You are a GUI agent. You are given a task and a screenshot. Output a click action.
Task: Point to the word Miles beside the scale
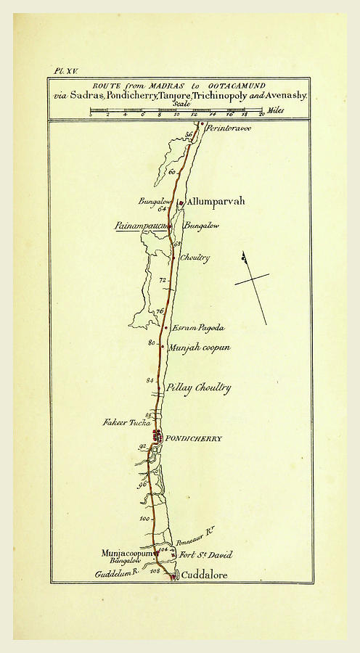pyautogui.click(x=275, y=110)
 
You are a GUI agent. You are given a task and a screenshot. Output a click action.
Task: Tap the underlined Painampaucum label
pyautogui.click(x=142, y=226)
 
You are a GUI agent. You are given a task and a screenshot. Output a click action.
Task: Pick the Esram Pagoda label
pyautogui.click(x=197, y=328)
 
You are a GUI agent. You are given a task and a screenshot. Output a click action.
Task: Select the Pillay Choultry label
pyautogui.click(x=198, y=387)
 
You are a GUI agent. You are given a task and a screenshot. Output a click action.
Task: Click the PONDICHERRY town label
pyautogui.click(x=193, y=439)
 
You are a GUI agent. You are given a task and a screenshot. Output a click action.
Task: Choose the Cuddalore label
pyautogui.click(x=204, y=575)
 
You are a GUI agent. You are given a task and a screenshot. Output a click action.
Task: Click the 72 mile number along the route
pyautogui.click(x=163, y=280)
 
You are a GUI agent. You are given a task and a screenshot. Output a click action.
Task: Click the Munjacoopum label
pyautogui.click(x=128, y=553)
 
